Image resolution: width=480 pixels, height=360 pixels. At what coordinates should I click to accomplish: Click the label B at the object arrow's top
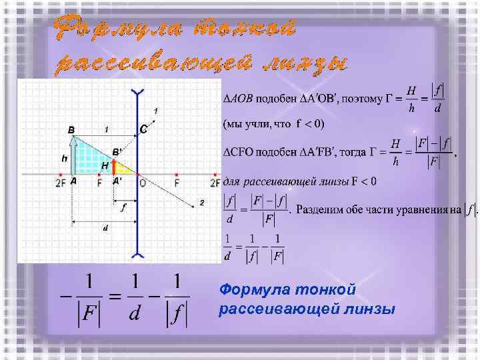71,129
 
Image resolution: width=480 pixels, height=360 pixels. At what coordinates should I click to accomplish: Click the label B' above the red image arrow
117,152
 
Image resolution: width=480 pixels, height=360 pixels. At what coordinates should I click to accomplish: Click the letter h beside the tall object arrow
64,159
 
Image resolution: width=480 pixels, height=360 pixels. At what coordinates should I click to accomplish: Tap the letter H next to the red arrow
105,165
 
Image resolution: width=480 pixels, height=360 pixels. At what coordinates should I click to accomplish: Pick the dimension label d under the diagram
105,228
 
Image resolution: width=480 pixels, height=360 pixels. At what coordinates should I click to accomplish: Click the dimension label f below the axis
123,207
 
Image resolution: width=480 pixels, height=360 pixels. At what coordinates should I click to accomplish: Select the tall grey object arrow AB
72,157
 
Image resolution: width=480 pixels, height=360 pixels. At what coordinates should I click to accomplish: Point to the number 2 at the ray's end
201,203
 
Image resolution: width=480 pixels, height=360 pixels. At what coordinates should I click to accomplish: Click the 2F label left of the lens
61,181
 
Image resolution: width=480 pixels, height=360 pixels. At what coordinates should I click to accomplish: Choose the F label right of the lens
177,181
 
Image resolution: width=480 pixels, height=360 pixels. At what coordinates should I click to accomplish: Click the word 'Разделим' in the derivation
323,211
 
